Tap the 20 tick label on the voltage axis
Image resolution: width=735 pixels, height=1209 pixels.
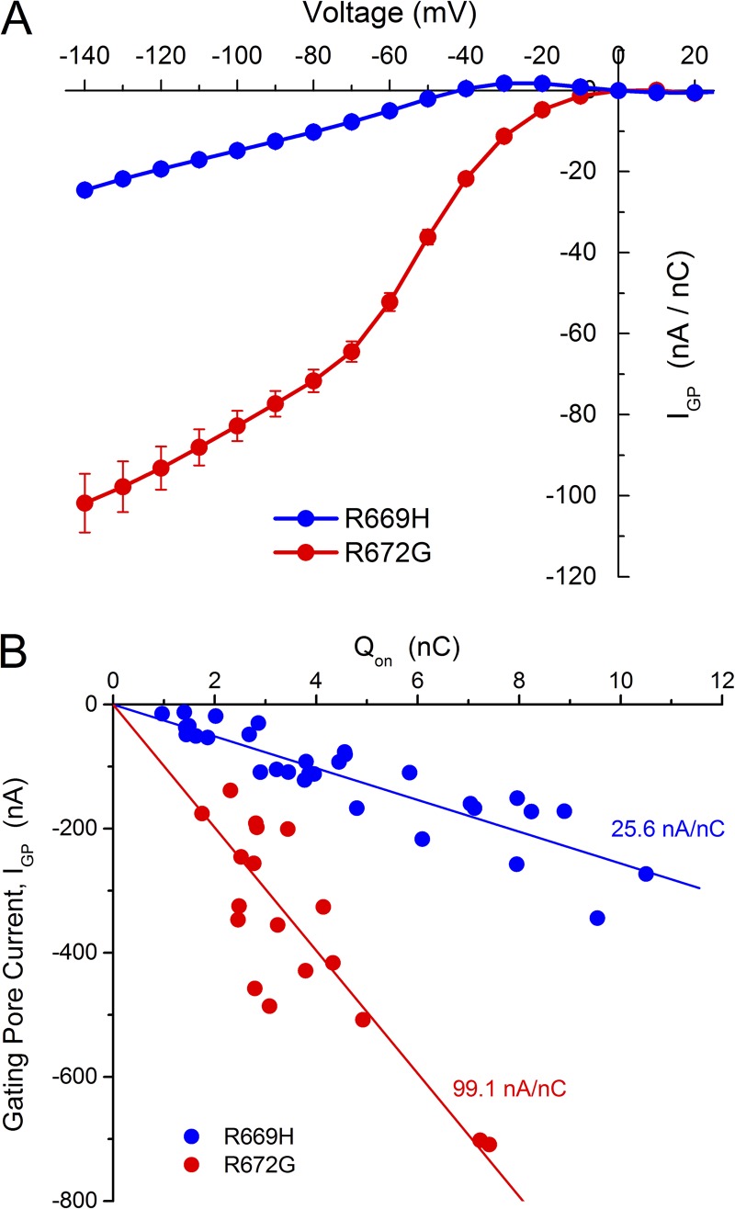pos(695,54)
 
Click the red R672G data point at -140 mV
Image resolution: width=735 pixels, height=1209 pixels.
pos(85,503)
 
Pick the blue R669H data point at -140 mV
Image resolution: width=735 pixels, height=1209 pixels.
pos(85,190)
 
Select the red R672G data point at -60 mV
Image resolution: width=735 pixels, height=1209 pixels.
pos(390,301)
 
